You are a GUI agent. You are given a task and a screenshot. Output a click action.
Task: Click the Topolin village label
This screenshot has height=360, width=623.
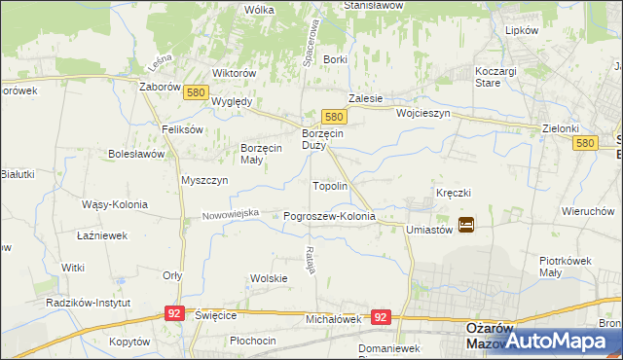click(330, 185)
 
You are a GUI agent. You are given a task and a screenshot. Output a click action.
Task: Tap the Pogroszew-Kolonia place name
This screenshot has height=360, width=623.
click(329, 216)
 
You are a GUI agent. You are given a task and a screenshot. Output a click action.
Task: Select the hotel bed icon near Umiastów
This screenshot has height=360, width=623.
click(466, 225)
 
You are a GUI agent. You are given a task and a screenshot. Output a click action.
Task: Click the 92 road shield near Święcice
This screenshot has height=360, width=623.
click(175, 313)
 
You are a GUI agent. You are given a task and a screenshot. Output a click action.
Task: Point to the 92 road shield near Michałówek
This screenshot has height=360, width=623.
click(381, 317)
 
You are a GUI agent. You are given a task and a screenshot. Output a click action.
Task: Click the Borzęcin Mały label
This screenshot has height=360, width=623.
click(261, 154)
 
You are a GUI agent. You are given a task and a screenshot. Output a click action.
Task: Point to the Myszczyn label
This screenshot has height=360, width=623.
click(204, 180)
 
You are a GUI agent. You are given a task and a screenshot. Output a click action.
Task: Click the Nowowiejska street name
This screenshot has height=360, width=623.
click(231, 213)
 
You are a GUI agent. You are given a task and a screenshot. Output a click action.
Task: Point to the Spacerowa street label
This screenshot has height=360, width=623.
click(314, 39)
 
